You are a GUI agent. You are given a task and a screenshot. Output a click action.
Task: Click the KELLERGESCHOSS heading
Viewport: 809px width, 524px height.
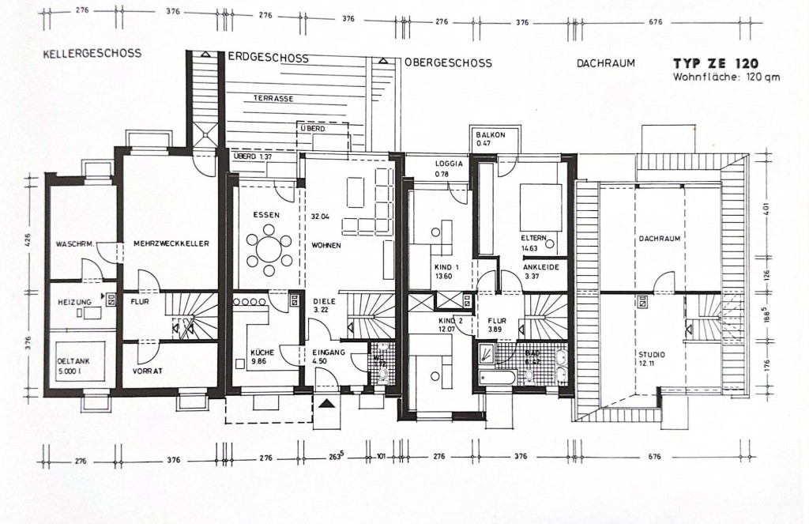93,54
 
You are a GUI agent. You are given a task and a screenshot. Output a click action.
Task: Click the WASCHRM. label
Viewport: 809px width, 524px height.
75,244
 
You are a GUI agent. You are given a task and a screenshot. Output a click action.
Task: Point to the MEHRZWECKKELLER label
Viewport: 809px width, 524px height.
171,244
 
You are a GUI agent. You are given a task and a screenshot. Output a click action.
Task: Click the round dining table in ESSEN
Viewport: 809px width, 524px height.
268,247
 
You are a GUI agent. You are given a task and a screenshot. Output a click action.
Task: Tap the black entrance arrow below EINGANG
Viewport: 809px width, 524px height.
326,404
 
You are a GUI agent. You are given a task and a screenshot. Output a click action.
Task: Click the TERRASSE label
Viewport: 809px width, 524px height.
274,99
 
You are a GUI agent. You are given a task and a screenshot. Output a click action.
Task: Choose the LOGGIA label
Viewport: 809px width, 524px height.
447,164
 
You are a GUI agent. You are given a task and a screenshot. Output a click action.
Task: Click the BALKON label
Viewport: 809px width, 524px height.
491,135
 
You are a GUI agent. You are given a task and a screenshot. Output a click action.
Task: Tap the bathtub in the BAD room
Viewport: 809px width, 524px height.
497,378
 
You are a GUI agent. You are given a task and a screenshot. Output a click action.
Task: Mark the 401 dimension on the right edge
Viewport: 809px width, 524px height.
766,212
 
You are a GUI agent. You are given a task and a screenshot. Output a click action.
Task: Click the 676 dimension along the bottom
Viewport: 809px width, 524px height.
654,457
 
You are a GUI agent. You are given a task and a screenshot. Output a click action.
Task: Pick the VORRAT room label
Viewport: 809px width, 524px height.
148,371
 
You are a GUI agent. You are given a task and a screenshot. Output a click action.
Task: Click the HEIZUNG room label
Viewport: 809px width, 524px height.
73,302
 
